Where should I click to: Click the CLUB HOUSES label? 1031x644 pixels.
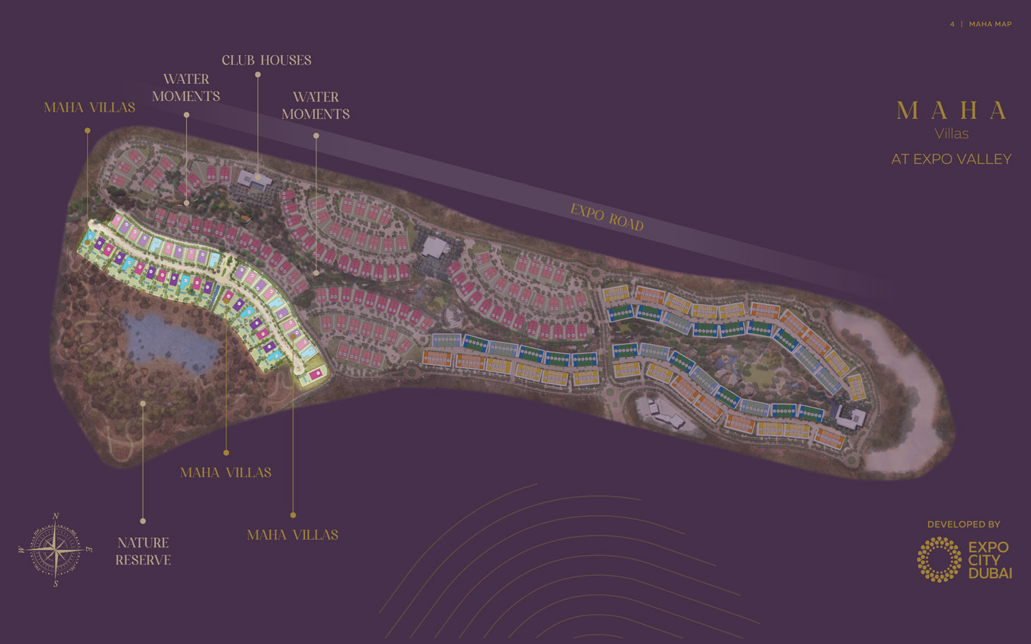coord(266,60)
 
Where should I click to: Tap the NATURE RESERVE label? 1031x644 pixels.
coord(143,551)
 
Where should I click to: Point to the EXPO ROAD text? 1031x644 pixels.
coord(607,217)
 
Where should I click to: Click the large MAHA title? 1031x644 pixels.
coord(952,111)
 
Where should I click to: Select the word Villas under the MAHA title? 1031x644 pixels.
coord(952,134)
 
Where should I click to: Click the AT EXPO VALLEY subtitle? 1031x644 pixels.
coord(951,160)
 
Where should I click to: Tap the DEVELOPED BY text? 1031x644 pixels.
coord(964,525)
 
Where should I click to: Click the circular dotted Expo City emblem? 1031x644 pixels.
coord(939,560)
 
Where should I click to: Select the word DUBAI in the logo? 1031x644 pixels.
coord(990,573)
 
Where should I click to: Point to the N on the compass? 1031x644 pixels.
coord(56,516)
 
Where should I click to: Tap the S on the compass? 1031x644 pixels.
coord(56,584)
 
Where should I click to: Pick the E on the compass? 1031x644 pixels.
coord(89,550)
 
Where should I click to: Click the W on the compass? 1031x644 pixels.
coord(21,550)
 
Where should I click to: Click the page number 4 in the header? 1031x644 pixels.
coord(952,24)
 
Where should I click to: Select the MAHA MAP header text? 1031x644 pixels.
coord(990,24)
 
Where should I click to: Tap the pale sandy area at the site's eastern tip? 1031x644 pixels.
coord(902,401)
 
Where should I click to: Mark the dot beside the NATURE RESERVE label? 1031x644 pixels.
coord(143,521)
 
